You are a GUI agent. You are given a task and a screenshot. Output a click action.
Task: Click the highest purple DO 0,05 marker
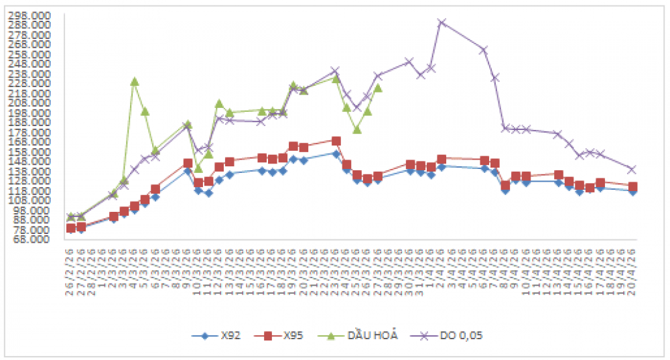(x=442, y=22)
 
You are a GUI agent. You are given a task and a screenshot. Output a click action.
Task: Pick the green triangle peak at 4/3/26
(x=135, y=81)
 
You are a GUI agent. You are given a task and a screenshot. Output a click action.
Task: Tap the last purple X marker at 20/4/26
(x=632, y=169)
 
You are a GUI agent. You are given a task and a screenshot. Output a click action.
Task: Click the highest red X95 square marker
(x=336, y=141)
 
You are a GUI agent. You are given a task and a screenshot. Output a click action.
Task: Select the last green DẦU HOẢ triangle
(x=378, y=88)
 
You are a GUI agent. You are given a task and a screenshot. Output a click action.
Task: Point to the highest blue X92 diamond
(x=336, y=154)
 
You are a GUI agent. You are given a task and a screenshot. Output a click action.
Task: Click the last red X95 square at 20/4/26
(x=632, y=186)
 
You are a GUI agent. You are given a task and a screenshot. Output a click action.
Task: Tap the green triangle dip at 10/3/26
(x=198, y=168)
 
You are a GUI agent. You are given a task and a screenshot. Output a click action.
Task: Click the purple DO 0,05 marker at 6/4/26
(x=484, y=50)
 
